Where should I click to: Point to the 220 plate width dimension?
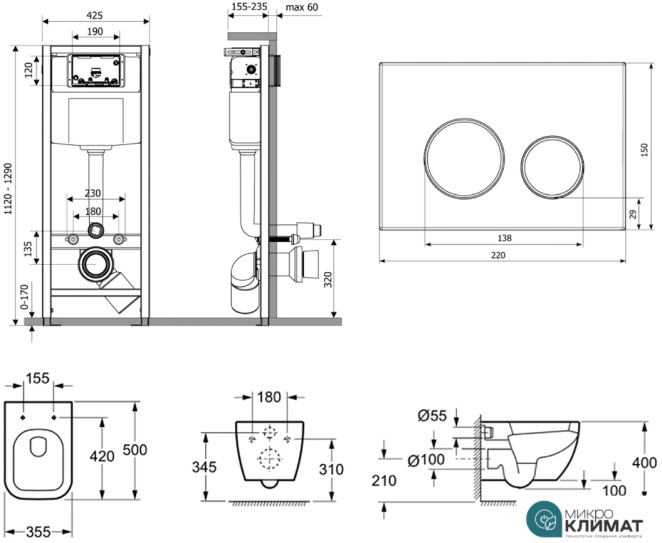coord(498,254)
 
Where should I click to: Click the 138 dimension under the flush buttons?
coord(504,238)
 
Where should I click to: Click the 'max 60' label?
coord(302,7)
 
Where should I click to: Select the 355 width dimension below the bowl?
coord(38,532)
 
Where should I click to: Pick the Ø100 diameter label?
coord(425,461)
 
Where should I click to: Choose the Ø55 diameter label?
coord(431,414)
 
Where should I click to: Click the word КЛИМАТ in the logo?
coord(604,524)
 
